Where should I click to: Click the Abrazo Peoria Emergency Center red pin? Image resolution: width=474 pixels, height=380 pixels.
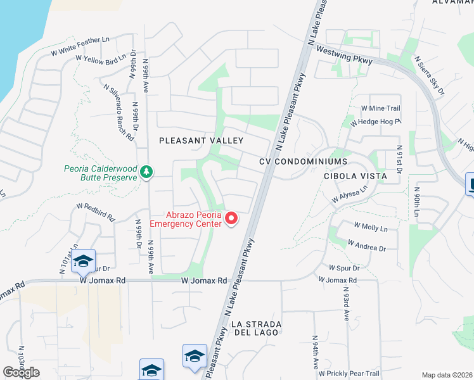coord(231,219)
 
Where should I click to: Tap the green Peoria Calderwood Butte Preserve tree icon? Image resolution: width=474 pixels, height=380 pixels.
coord(146,172)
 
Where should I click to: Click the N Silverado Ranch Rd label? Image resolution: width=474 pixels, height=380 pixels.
coord(118,111)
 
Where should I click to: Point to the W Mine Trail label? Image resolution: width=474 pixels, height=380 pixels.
coord(380,108)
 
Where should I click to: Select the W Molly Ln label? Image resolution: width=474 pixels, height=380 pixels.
coord(370,225)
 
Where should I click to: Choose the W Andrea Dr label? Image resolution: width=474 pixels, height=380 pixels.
coord(366,245)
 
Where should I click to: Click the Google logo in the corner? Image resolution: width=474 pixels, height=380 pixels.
coord(21,372)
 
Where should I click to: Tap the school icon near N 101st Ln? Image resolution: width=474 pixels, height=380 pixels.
coord(83,261)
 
